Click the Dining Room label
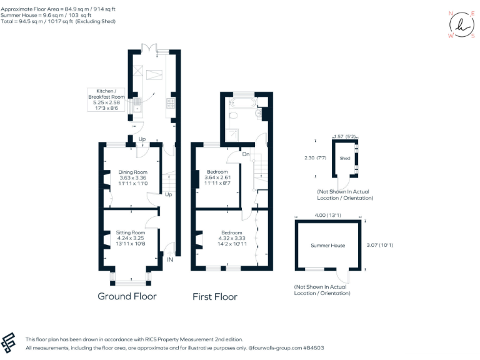(132, 178)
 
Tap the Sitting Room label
(130, 238)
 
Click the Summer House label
(328, 246)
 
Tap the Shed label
(345, 159)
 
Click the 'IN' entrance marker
(170, 259)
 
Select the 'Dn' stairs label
(246, 154)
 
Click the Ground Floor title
(127, 296)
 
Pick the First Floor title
(215, 297)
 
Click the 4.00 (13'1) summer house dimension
(327, 216)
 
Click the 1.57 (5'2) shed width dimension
(345, 136)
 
